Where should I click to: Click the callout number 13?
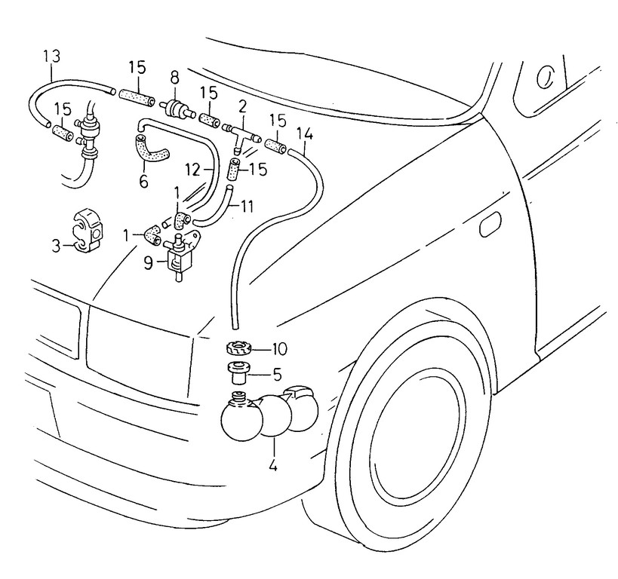pyautogui.click(x=51, y=56)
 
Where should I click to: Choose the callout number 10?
pyautogui.click(x=279, y=349)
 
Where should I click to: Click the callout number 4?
pyautogui.click(x=272, y=466)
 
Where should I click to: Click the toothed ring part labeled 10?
pyautogui.click(x=238, y=349)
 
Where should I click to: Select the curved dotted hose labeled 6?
pyautogui.click(x=150, y=148)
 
